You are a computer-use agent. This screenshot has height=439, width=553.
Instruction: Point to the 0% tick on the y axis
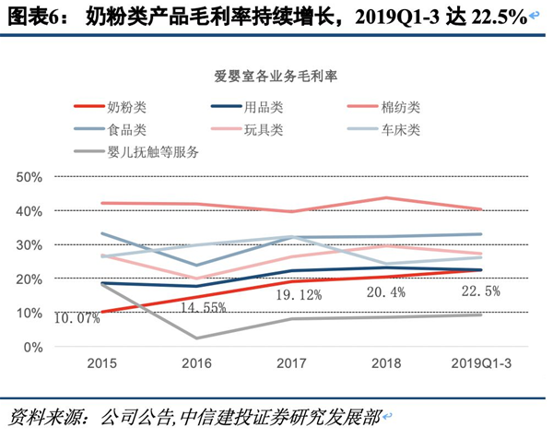(x=34, y=347)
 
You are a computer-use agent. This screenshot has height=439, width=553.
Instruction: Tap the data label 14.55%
(x=202, y=308)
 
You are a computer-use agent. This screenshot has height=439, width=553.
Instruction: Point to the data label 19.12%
(x=296, y=296)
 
